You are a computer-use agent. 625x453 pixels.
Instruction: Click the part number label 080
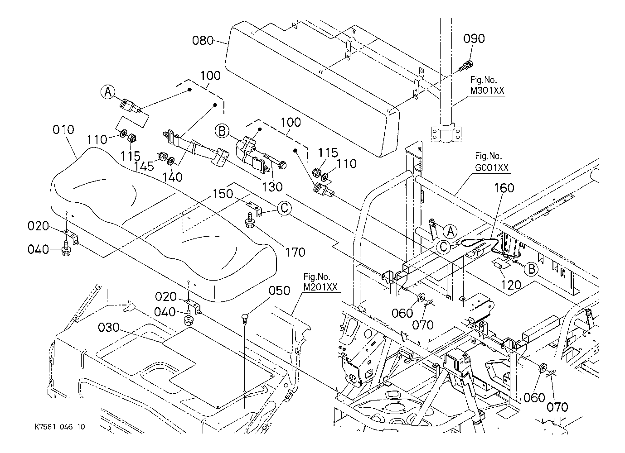pyautogui.click(x=203, y=41)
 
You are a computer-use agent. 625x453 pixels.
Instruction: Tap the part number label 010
pyautogui.click(x=63, y=130)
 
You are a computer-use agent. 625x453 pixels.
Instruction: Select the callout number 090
pyautogui.click(x=474, y=38)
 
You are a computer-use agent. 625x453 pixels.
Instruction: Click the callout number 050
pyautogui.click(x=280, y=291)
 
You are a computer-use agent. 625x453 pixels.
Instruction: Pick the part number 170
pyautogui.click(x=295, y=252)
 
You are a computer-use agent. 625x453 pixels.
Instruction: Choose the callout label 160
pyautogui.click(x=504, y=187)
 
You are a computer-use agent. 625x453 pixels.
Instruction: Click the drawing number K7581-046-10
pyautogui.click(x=59, y=427)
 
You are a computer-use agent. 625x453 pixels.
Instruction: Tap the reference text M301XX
pyautogui.click(x=487, y=91)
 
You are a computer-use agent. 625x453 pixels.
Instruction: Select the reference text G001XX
pyautogui.click(x=491, y=168)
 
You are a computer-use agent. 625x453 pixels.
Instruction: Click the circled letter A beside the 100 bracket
pyautogui.click(x=108, y=92)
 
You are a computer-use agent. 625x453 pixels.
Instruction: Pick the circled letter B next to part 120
pyautogui.click(x=531, y=269)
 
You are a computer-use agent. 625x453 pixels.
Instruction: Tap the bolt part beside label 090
pyautogui.click(x=465, y=67)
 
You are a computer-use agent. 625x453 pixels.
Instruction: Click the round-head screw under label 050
pyautogui.click(x=244, y=317)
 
